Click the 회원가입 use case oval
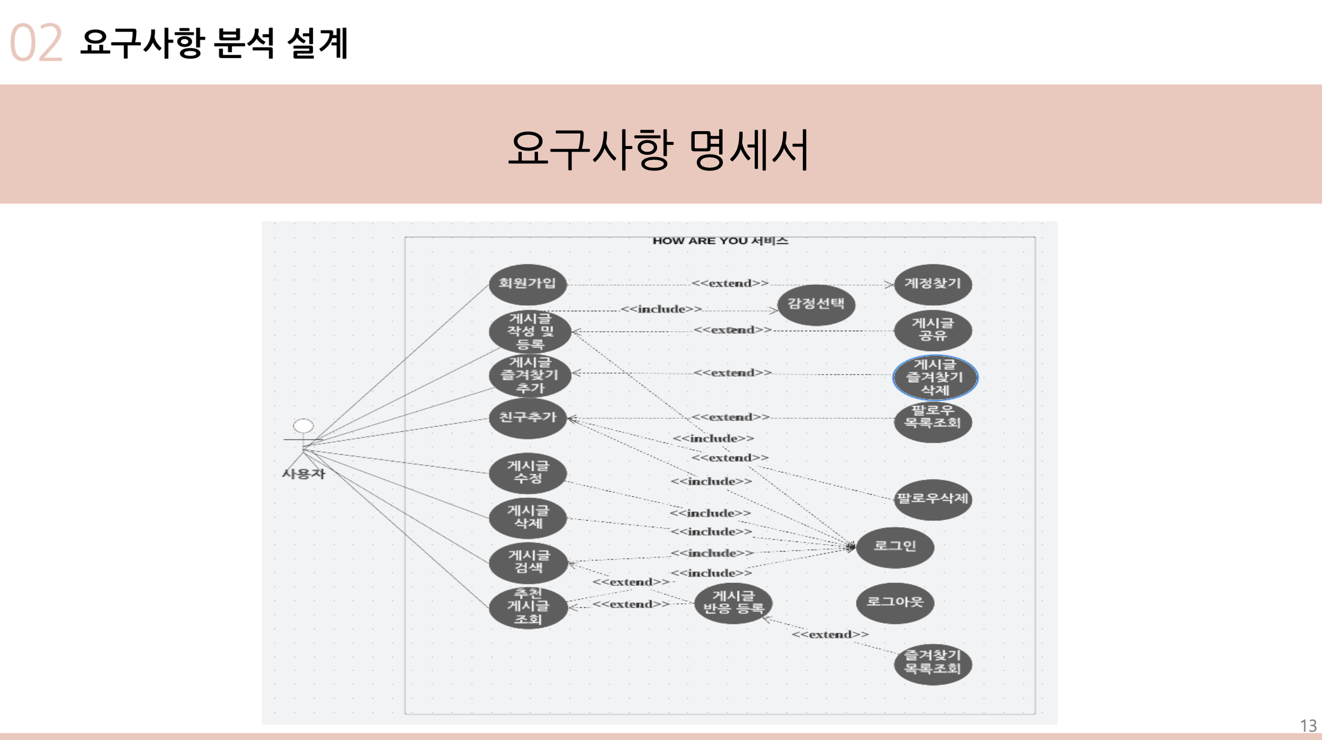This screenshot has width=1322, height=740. pos(528,284)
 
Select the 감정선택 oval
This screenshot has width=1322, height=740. pos(816,305)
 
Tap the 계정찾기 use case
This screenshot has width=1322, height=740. pos(933,284)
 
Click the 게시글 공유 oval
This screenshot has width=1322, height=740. pos(933,330)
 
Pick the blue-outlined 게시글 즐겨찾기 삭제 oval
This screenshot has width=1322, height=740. pos(935,377)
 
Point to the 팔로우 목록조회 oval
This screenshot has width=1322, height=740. pos(933,422)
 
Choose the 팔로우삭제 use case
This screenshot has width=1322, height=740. pos(933,499)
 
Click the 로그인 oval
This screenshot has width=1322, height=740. pos(894,547)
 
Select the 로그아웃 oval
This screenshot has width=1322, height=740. pos(894,603)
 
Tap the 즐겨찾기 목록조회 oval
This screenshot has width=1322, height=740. pos(933,664)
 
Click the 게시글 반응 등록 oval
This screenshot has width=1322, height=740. pos(733,603)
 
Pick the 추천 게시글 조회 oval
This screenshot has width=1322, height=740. pos(528,608)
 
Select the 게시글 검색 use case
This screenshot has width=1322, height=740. pos(528,562)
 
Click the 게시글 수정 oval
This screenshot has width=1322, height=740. pos(528,473)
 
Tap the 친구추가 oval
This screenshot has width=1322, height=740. pos(528,418)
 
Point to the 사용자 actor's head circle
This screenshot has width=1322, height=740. pos(303,426)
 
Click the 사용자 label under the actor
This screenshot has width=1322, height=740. pos(304,474)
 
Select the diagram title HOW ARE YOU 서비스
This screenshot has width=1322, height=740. pos(720,241)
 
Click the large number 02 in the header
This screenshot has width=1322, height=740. pos(36,43)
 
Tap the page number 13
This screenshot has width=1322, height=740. pos(1308,726)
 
